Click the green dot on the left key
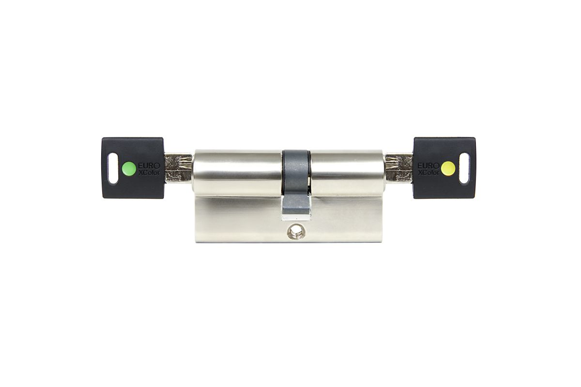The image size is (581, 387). click(x=129, y=168)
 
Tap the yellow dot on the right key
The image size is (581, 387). click(x=448, y=168)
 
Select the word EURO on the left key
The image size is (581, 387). click(x=149, y=165)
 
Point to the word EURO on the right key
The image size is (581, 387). click(x=428, y=165)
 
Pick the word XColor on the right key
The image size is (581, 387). click(x=428, y=172)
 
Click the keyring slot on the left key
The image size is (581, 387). click(x=113, y=168)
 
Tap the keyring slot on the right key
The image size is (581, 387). click(x=464, y=168)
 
